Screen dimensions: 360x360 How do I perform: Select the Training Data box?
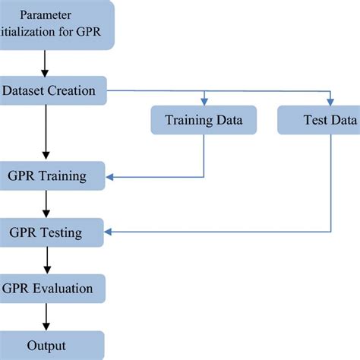(204, 119)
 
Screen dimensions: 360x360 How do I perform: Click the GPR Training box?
(53, 177)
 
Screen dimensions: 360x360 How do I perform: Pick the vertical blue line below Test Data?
(330, 182)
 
